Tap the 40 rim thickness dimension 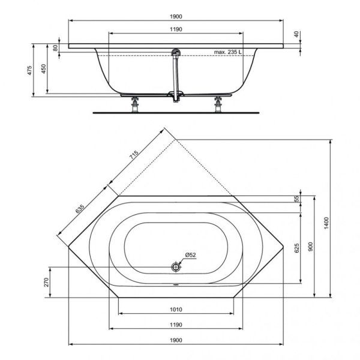[x=296, y=35]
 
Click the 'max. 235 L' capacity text [x=228, y=52]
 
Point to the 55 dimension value [x=296, y=199]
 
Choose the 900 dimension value [x=311, y=247]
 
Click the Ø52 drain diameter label [x=190, y=255]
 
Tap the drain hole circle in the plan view [x=176, y=266]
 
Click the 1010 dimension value [x=175, y=310]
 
